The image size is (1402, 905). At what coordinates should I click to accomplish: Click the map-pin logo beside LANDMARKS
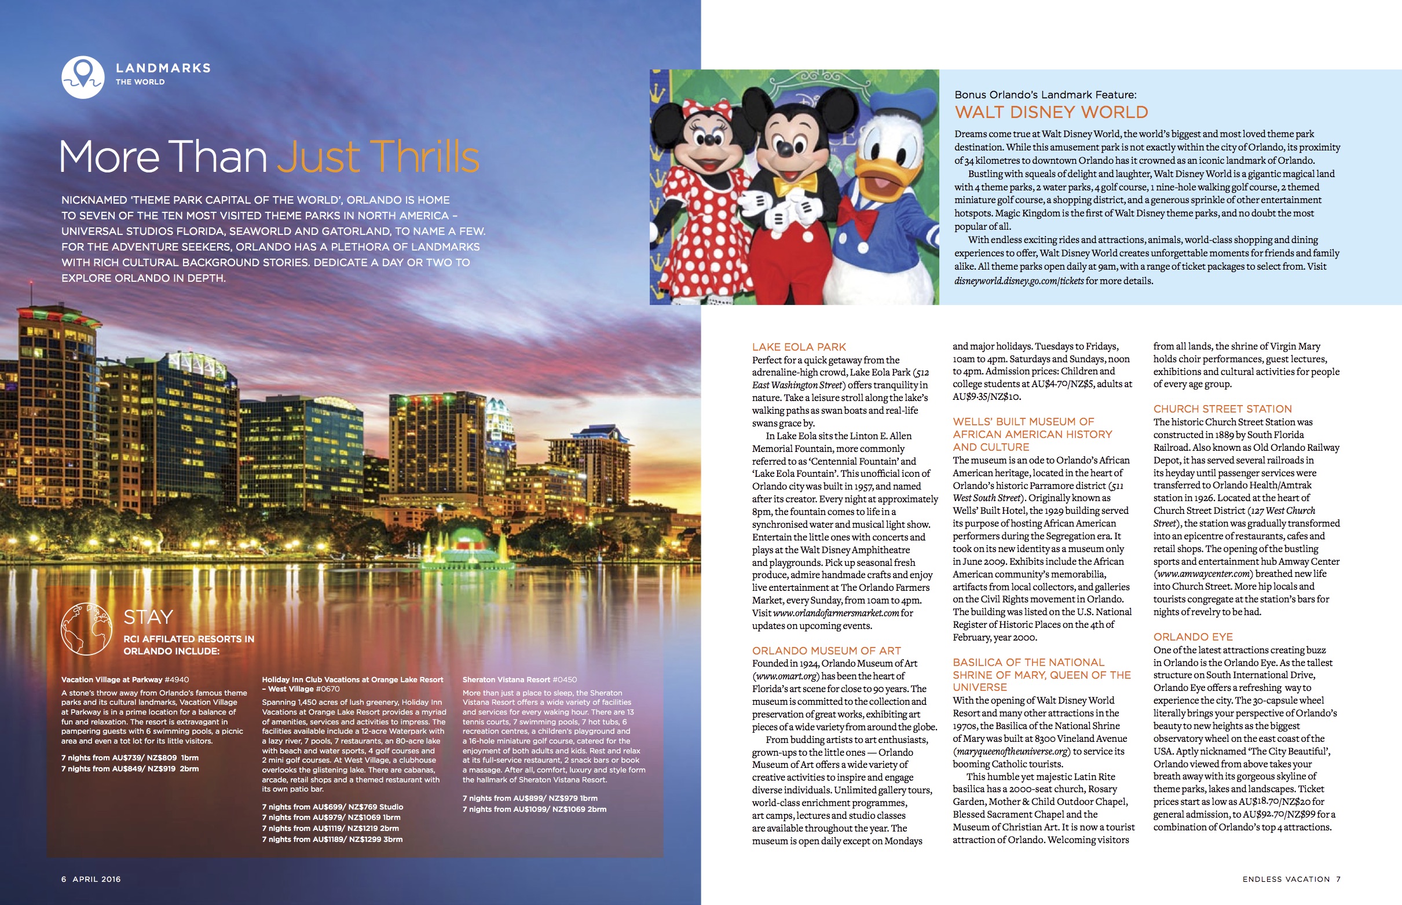pos(83,77)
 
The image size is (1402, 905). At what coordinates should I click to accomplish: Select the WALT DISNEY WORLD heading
pos(1051,112)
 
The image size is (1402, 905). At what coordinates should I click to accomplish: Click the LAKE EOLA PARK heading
pos(799,347)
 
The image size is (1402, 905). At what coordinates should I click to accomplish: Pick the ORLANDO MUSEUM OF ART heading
pos(826,650)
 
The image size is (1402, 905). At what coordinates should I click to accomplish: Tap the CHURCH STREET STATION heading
pos(1222,409)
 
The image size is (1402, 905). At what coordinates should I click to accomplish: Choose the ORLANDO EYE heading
pos(1192,637)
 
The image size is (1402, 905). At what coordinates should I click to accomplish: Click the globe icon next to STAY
pos(86,629)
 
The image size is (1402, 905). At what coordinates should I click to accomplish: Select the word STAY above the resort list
pos(148,617)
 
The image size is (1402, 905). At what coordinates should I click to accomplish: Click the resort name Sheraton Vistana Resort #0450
pos(519,679)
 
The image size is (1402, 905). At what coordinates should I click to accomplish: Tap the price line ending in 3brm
pos(332,839)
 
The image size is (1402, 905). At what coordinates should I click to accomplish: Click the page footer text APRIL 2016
pos(97,879)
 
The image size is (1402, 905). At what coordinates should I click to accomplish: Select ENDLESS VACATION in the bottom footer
pos(1286,879)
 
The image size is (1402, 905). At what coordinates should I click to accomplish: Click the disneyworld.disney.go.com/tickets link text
pos(1019,281)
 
